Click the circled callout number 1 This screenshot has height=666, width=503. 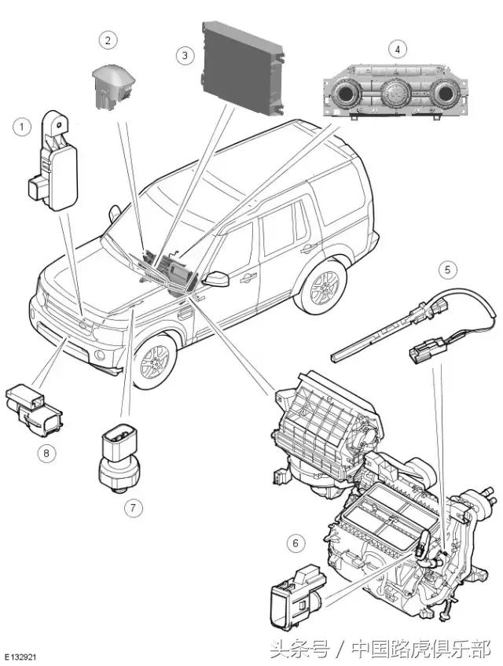tap(22, 127)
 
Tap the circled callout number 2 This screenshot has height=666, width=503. tap(108, 40)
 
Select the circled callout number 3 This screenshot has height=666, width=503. tap(185, 55)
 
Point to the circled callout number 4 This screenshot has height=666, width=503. tap(398, 50)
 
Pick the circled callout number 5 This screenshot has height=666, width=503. tap(448, 269)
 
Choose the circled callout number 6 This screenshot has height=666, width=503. tap(296, 543)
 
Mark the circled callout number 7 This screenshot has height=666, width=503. tap(134, 508)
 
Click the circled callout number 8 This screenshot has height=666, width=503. tap(46, 453)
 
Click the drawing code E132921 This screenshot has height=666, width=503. tap(20, 657)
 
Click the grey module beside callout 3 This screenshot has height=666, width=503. tap(243, 67)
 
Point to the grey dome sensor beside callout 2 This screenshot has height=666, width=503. tap(113, 86)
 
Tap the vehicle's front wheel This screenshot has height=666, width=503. tap(153, 362)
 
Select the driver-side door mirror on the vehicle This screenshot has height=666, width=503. tap(216, 278)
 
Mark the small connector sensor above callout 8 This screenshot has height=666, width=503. tap(34, 410)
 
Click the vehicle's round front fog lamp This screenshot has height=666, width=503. tap(100, 355)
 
